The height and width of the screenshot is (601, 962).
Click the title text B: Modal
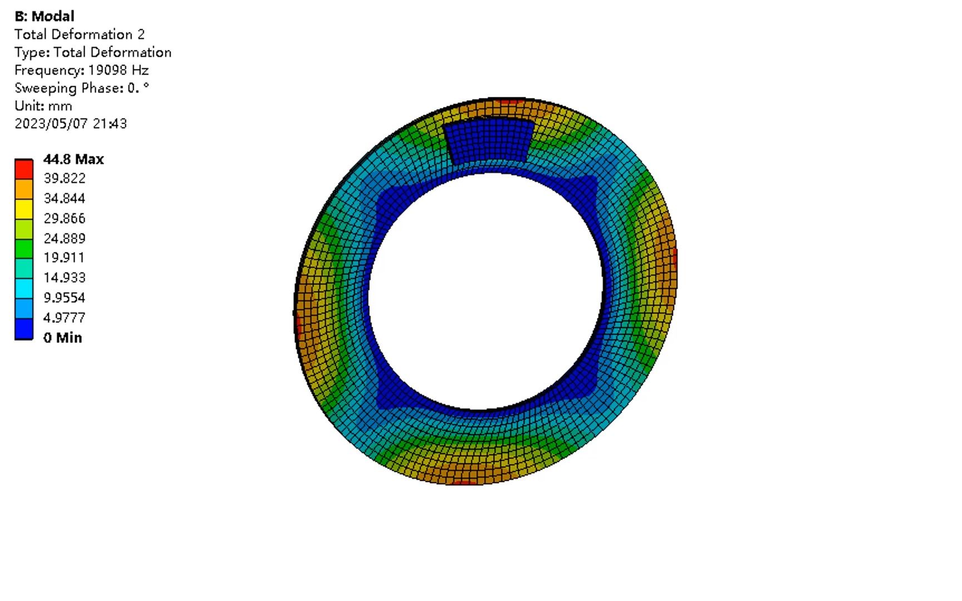pos(45,16)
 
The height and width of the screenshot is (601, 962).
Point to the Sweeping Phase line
pos(82,88)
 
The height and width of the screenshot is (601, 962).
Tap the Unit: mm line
pos(43,106)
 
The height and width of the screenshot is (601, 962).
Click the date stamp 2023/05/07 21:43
pos(71,124)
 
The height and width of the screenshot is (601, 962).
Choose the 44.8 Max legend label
pos(73,159)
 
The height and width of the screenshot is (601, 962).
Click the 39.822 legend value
pos(65,178)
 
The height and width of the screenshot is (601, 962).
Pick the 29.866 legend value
pos(65,218)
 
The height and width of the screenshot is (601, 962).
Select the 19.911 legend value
pos(64,258)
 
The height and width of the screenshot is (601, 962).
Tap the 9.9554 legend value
pos(65,297)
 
